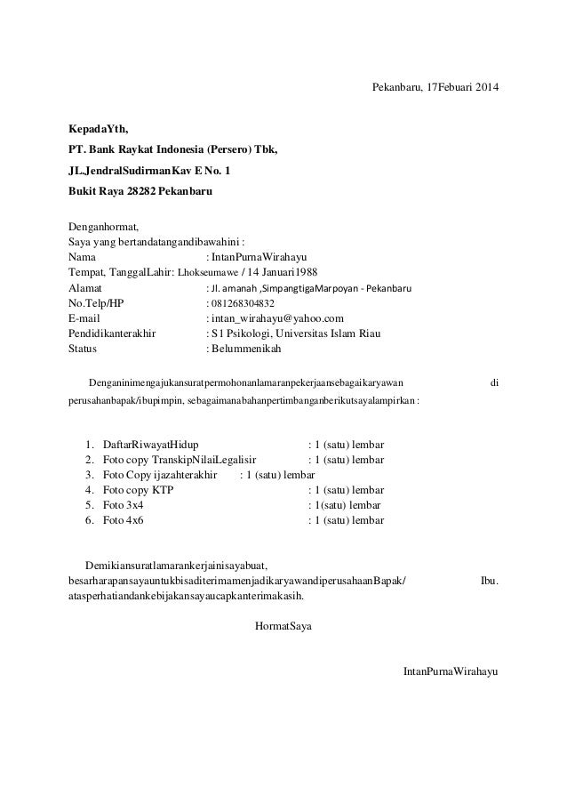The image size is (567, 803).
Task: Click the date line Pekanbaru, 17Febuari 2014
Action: click(435, 89)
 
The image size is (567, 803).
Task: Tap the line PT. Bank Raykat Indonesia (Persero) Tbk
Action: click(173, 149)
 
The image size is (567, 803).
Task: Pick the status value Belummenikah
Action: click(245, 349)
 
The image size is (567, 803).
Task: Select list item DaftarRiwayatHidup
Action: click(151, 445)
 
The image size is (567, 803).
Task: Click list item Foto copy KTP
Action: click(139, 490)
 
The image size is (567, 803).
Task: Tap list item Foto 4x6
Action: click(124, 520)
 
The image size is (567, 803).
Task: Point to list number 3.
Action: click(89, 475)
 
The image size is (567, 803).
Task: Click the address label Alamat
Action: click(86, 288)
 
